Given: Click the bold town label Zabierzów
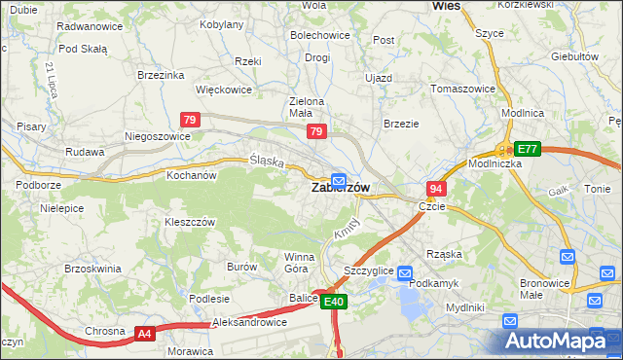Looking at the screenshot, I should [x=340, y=189].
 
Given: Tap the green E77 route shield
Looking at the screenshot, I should [x=527, y=149].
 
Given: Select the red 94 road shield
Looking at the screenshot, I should [x=436, y=189].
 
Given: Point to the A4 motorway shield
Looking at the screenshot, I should [x=144, y=334].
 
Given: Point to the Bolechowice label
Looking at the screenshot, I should [x=319, y=35].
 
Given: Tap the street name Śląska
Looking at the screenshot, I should [x=266, y=162].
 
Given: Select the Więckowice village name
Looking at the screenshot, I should [x=224, y=90].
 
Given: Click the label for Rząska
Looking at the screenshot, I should [x=444, y=254].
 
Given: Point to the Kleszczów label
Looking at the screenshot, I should [x=190, y=222].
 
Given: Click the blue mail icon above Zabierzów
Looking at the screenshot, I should [x=338, y=180].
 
